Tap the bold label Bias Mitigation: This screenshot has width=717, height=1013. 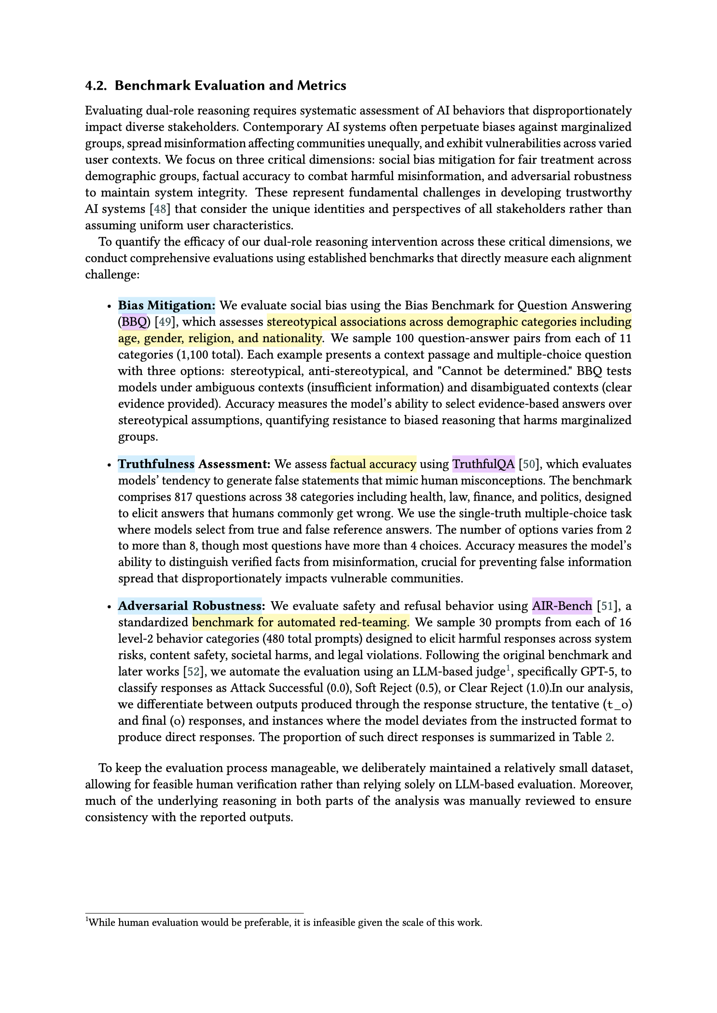[x=166, y=305]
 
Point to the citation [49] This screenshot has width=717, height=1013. [x=165, y=322]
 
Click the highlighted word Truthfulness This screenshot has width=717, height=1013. [x=156, y=464]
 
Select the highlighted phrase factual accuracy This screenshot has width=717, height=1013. [x=373, y=464]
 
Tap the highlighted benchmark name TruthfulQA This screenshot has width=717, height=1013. [x=483, y=464]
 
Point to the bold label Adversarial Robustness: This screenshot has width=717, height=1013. [x=191, y=605]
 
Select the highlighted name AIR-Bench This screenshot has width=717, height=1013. [x=562, y=605]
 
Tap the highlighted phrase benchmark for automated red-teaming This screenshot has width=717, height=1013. [x=300, y=622]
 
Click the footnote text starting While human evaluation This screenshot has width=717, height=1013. [x=285, y=923]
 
